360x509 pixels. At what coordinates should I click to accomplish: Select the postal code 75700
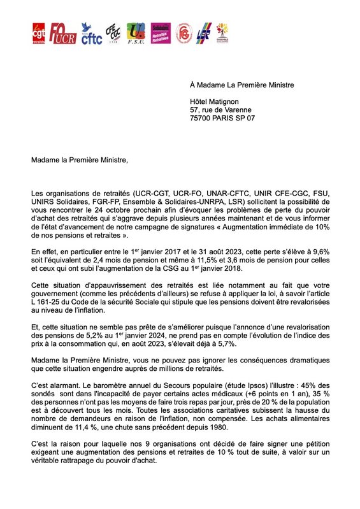[x=202, y=118]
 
